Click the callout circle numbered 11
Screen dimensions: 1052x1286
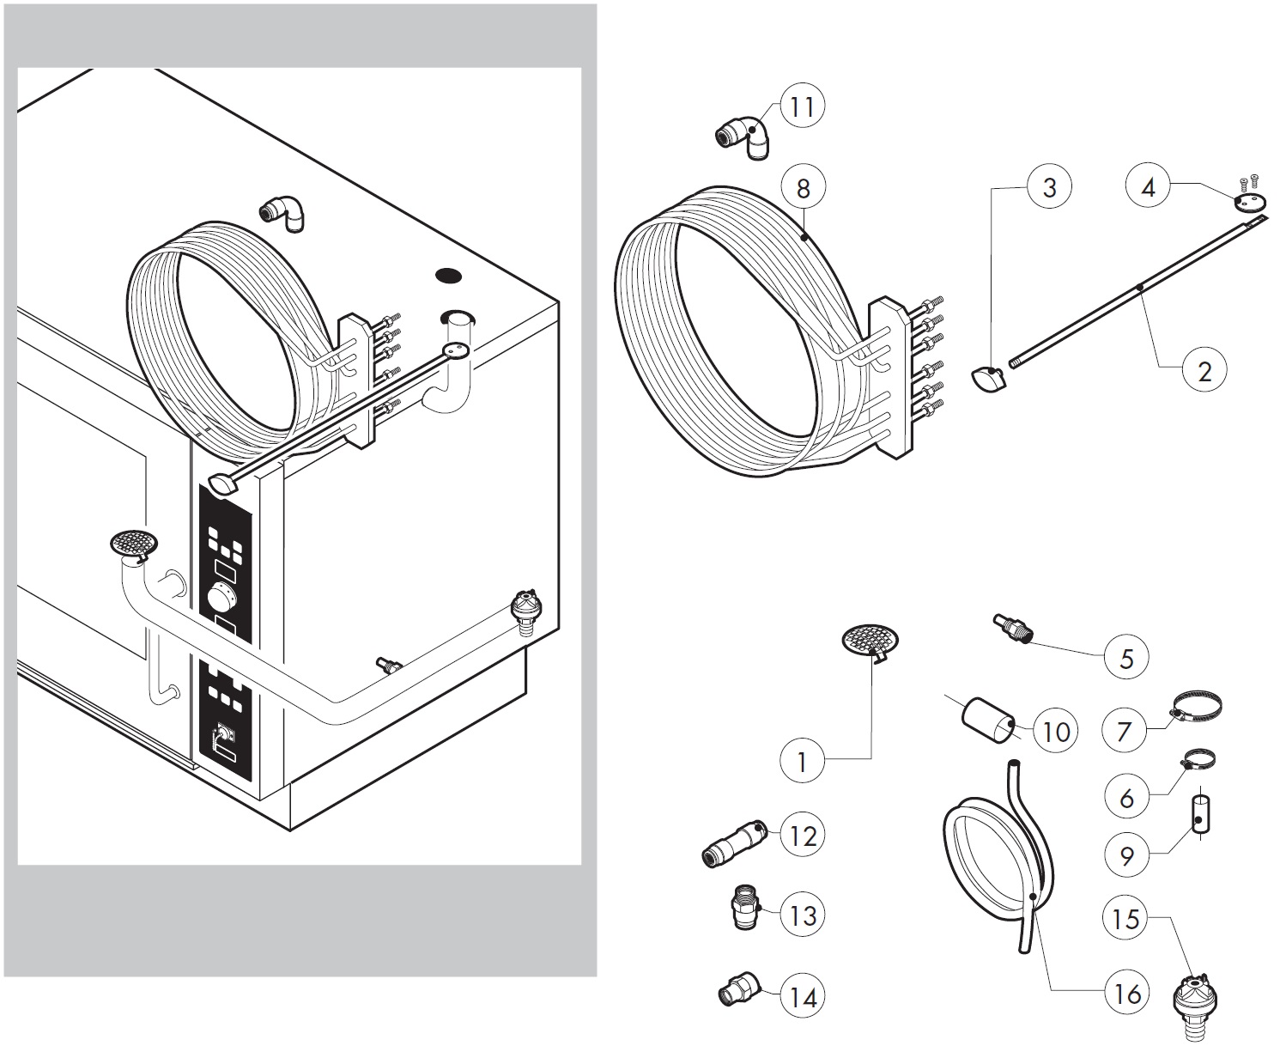click(x=802, y=107)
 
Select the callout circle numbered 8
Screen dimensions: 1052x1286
click(x=803, y=187)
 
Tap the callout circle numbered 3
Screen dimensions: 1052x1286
click(x=1049, y=187)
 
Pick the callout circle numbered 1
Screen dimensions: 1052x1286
click(x=802, y=762)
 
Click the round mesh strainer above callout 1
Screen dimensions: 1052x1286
click(x=870, y=642)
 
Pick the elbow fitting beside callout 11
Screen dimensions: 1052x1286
click(x=743, y=136)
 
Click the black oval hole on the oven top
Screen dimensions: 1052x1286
click(x=449, y=276)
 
